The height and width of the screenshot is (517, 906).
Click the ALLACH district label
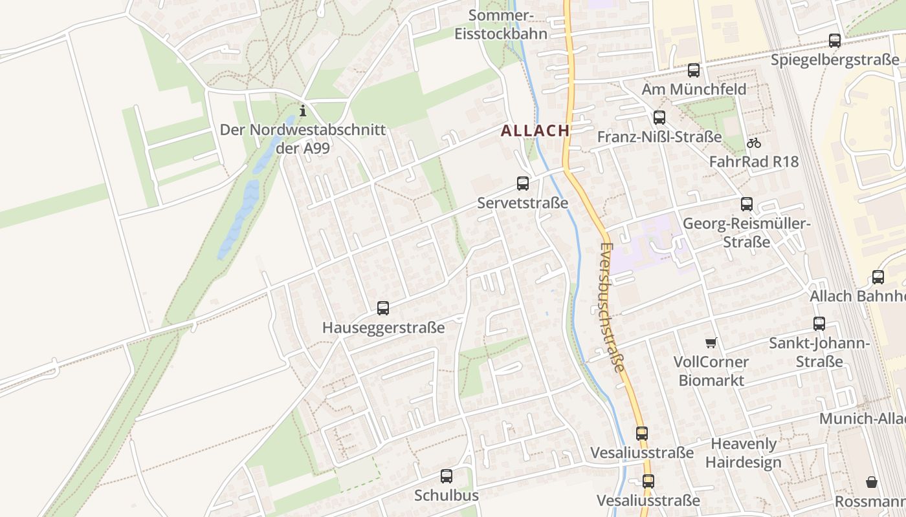pos(535,131)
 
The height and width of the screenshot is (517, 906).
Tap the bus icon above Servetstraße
pos(523,184)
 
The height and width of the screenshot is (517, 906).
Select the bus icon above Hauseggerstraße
pos(383,308)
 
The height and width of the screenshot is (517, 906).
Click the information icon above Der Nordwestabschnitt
pos(302,111)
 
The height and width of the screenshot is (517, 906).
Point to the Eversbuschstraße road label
pos(611,307)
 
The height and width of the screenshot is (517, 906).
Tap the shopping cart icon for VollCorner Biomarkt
pos(711,343)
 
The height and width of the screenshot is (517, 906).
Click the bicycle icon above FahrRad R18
pos(753,143)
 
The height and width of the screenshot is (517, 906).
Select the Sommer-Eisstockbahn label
pos(501,25)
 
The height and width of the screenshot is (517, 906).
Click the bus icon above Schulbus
pos(447,476)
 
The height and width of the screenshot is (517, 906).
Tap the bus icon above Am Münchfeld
pos(694,70)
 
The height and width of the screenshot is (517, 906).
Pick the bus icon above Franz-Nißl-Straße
pos(659,118)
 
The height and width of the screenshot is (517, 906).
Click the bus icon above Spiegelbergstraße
pos(835,41)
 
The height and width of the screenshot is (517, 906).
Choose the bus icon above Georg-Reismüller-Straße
pos(747,204)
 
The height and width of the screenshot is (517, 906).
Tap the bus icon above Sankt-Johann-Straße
pos(819,324)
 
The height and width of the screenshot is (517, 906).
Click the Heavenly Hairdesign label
pos(743,453)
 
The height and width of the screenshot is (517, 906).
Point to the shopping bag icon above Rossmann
pos(872,482)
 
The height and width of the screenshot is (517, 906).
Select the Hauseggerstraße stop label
pos(384,328)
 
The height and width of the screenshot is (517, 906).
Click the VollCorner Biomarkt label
pos(711,371)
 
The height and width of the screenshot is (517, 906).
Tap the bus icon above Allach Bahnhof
pos(878,277)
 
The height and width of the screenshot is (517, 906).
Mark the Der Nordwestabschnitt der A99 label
pos(302,139)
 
